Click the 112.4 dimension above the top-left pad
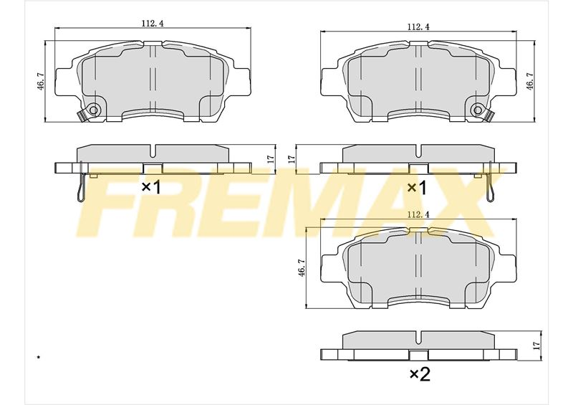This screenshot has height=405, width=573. [153, 24]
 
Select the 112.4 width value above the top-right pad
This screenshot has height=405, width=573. [418, 27]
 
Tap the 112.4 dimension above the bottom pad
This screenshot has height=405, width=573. [418, 215]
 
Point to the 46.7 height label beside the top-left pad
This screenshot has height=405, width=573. [41, 81]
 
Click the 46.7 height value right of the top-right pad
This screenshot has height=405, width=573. [529, 81]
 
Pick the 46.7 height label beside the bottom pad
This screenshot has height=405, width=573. [301, 267]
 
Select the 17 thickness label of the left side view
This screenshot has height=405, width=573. [271, 159]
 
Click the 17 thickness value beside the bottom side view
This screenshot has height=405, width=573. [536, 345]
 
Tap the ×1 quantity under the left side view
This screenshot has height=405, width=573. [151, 188]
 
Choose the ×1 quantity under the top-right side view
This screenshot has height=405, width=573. [417, 188]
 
